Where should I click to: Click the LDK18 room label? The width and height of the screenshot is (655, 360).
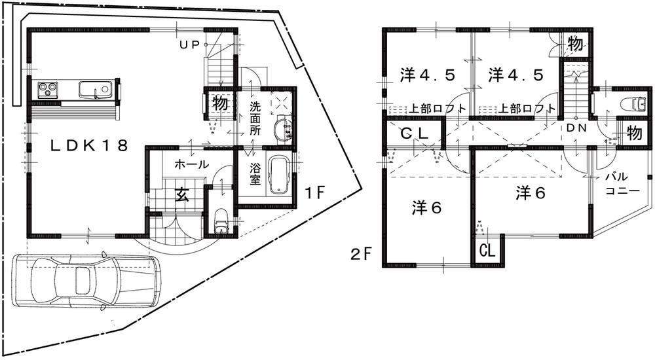coord(90,145)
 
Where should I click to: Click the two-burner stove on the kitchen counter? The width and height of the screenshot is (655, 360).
coord(48,88)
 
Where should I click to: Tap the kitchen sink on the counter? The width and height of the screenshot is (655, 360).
coord(96,89)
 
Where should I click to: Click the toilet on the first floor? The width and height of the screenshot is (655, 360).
coord(221,221)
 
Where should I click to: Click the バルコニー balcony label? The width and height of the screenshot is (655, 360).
coord(618,185)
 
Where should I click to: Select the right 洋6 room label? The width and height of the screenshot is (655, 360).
coord(530,192)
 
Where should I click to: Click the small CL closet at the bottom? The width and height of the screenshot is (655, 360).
coord(487,251)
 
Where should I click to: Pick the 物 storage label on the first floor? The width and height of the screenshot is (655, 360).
coord(219,103)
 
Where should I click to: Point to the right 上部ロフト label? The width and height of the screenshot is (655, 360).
coord(527,109)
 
